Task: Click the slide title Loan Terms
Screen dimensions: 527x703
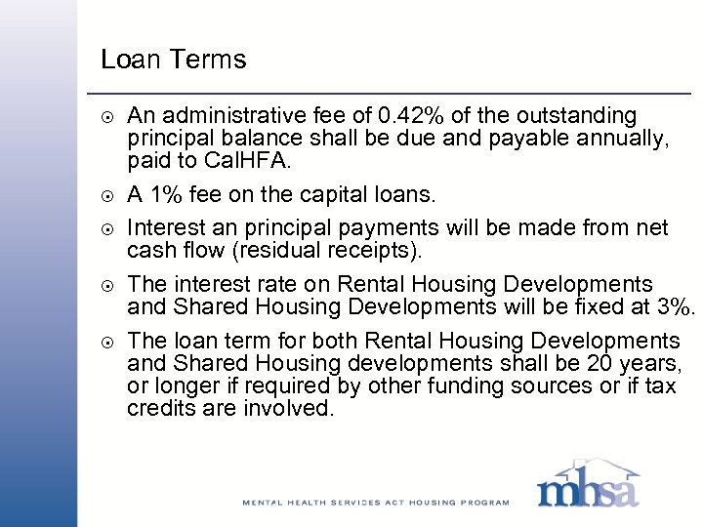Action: click(174, 60)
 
